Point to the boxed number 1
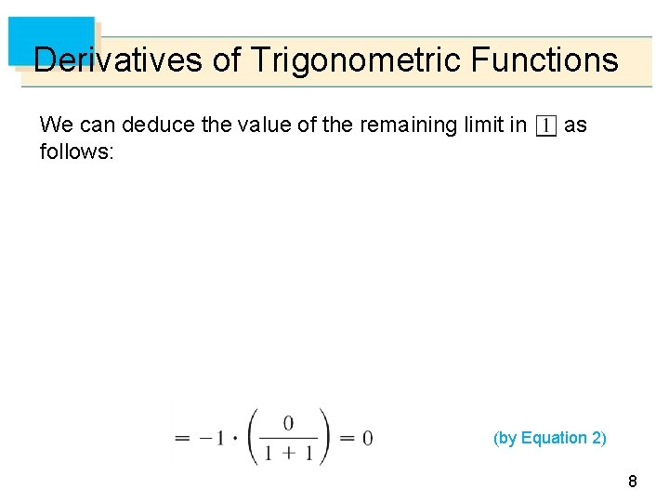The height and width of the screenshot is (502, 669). tap(546, 125)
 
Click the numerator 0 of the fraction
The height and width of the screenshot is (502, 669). tap(288, 423)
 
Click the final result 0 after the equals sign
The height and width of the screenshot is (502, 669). tap(368, 438)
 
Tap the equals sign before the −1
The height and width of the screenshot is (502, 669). tap(183, 438)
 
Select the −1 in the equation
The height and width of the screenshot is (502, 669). tap(213, 438)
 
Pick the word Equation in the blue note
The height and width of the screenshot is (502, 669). tap(554, 438)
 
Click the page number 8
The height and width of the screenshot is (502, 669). tap(633, 482)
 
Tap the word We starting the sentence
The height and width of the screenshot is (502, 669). tap(54, 125)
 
